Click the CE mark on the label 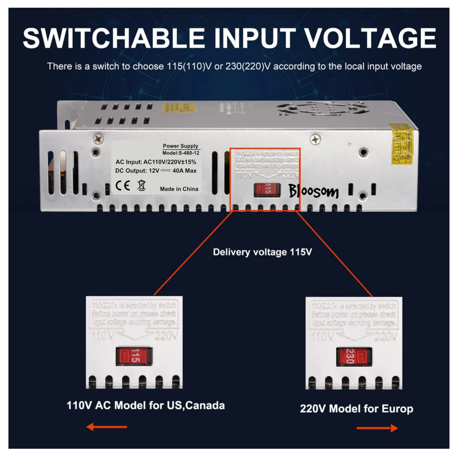[x=123, y=186]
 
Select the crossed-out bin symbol [x=141, y=186]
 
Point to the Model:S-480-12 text [x=181, y=153]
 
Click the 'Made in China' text [x=179, y=189]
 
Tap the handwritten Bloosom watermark [x=314, y=191]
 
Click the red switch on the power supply [x=267, y=189]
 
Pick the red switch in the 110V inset [x=134, y=356]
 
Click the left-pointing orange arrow [x=106, y=427]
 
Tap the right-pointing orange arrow [x=377, y=428]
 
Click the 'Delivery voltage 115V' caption [x=262, y=252]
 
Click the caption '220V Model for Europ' [x=356, y=409]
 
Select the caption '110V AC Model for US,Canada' [x=146, y=405]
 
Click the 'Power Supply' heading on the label [x=181, y=146]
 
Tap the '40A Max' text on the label [x=184, y=171]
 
